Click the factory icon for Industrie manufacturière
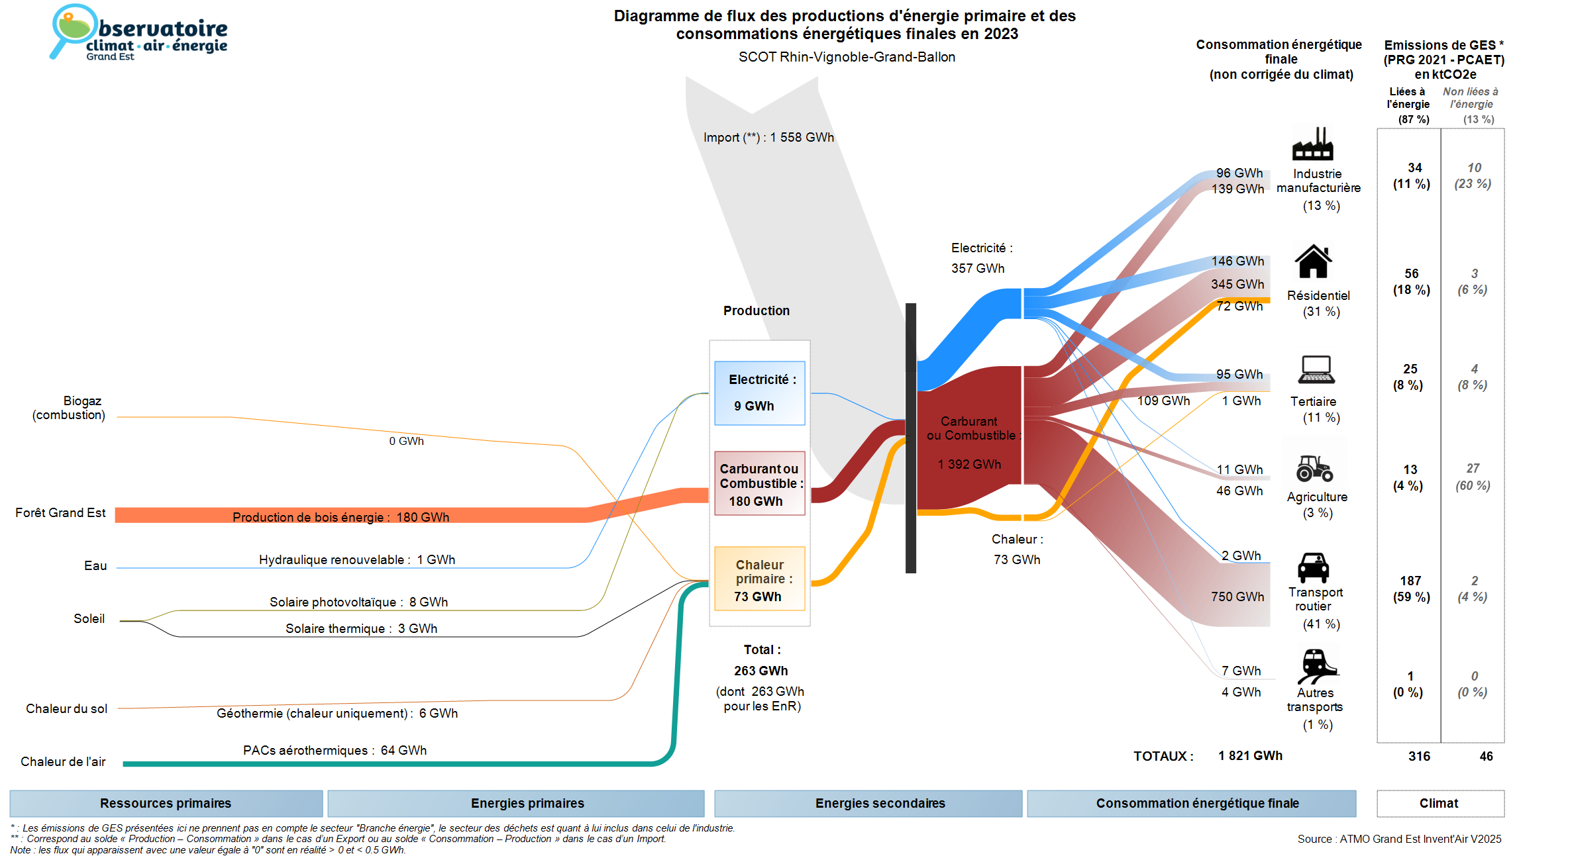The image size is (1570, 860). click(1312, 144)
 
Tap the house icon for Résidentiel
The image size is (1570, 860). click(1313, 262)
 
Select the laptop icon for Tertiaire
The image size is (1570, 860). click(1316, 369)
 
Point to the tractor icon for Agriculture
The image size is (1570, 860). click(1314, 468)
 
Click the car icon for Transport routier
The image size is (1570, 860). click(1313, 567)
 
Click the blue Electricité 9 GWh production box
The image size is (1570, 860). click(759, 393)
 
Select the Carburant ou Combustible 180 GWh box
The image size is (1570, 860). click(759, 483)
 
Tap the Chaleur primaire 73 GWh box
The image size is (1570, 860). click(759, 579)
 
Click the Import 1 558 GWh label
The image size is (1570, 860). click(768, 138)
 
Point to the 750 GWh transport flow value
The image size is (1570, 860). click(1237, 597)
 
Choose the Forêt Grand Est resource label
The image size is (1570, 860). click(60, 513)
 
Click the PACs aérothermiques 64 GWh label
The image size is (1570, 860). click(335, 750)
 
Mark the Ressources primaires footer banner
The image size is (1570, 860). click(166, 803)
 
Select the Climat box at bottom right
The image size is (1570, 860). click(1439, 803)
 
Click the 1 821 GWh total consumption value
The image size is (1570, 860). click(1250, 756)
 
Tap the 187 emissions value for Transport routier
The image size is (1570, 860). click(1410, 581)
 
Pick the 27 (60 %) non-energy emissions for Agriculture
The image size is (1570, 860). click(1473, 477)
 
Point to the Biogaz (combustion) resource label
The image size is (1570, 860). click(69, 408)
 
